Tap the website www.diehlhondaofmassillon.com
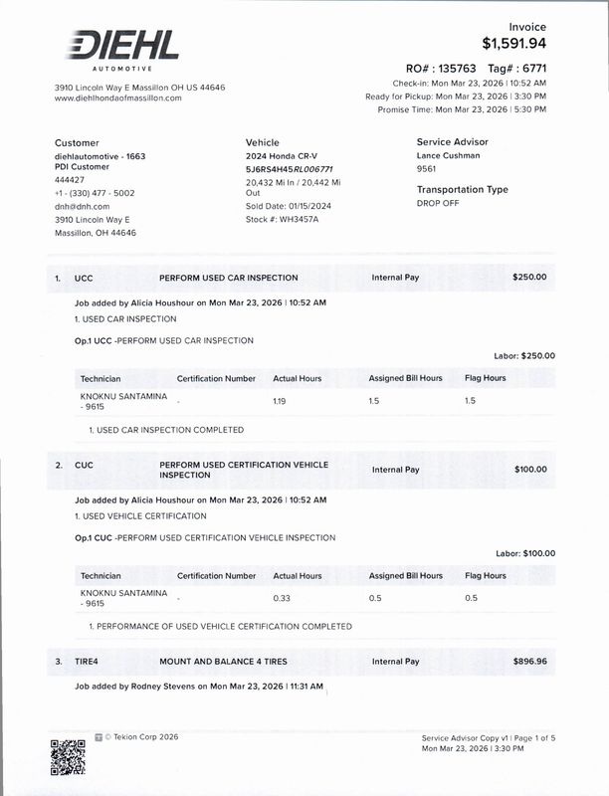click(x=117, y=99)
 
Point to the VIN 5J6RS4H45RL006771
click(x=289, y=169)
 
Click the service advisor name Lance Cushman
click(x=448, y=155)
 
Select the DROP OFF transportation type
click(x=438, y=203)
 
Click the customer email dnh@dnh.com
click(x=82, y=206)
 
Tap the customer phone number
click(x=95, y=193)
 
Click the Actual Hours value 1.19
click(x=280, y=400)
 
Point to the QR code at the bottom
click(x=68, y=757)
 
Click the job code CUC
click(x=84, y=466)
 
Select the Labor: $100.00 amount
click(x=525, y=553)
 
